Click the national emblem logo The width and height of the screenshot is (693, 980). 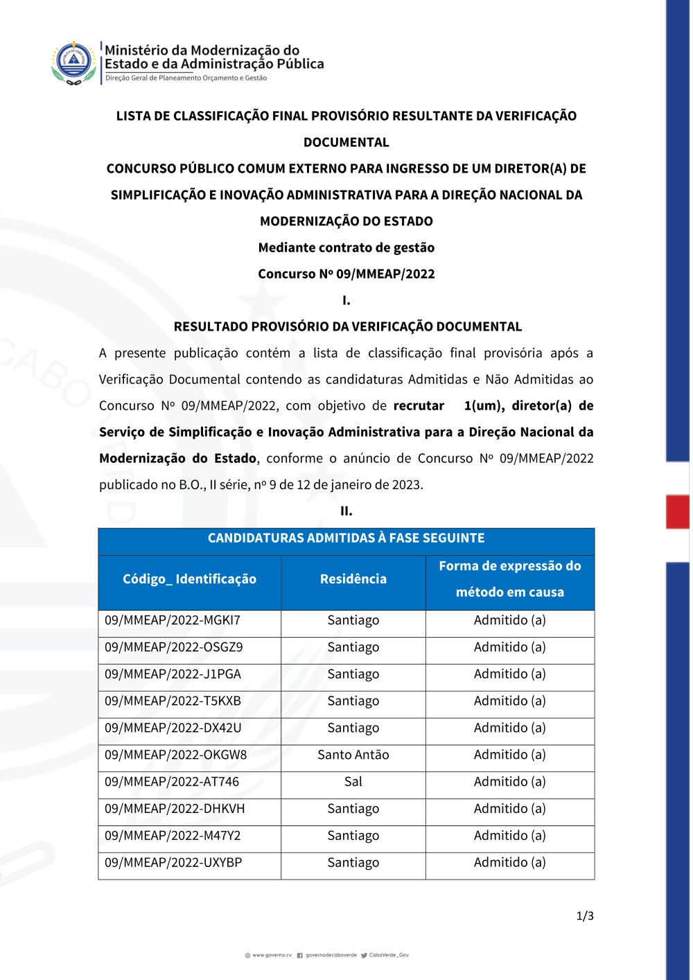tap(73, 62)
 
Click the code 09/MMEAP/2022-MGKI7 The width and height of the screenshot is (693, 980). tap(173, 620)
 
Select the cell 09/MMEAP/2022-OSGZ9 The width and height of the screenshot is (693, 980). tap(174, 647)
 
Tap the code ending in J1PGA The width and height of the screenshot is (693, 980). tap(173, 674)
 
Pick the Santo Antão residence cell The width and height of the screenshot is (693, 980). tap(353, 755)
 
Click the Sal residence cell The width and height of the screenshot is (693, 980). tap(353, 782)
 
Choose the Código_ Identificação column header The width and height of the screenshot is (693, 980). tap(189, 579)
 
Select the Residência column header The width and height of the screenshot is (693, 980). tap(353, 579)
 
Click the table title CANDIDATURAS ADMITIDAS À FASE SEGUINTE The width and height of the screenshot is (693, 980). tap(346, 539)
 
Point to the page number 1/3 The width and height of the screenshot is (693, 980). tap(585, 916)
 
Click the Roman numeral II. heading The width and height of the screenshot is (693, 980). tap(346, 511)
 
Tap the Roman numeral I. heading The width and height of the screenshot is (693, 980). tap(346, 301)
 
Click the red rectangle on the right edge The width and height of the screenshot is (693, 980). tap(678, 511)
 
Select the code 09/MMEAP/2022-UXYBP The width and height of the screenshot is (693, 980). tap(173, 863)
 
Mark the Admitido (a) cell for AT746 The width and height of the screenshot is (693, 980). tap(510, 782)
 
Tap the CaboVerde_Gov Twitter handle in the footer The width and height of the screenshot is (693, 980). tap(389, 955)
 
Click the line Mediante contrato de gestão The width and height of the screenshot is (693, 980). tap(346, 248)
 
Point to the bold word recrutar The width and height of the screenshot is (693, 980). tap(419, 406)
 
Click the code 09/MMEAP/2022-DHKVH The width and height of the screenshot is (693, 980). tap(175, 809)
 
